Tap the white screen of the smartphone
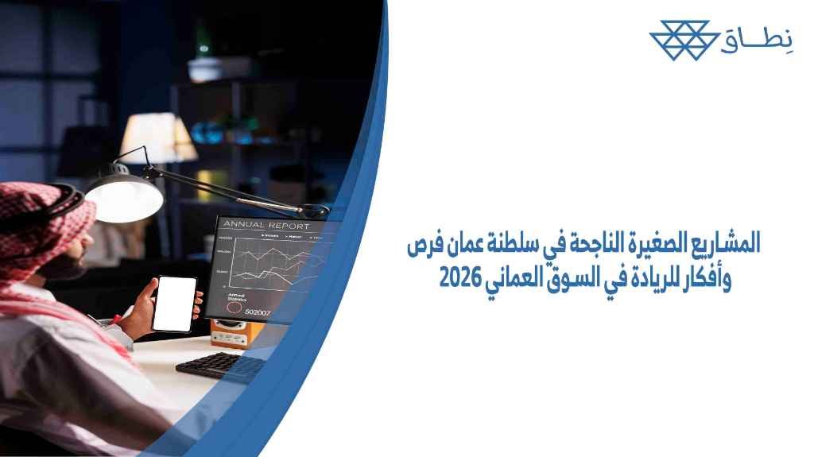[174, 303]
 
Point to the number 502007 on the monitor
[258, 312]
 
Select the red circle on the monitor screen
[235, 306]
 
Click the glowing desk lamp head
[123, 195]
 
